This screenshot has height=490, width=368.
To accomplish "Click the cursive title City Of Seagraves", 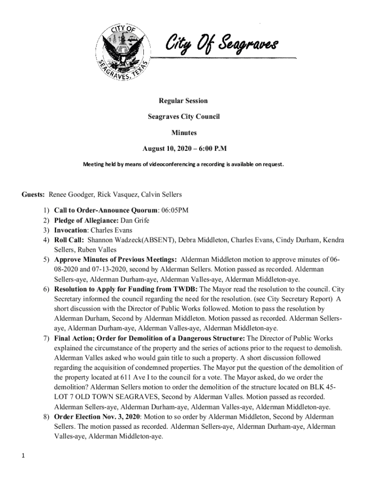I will [x=220, y=45].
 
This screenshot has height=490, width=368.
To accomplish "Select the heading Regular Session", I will [x=184, y=100].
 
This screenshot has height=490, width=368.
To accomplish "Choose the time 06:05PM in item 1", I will [x=174, y=211].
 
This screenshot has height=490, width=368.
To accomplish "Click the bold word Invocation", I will [x=73, y=230].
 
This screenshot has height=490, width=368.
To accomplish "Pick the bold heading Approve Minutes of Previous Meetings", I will [x=115, y=259].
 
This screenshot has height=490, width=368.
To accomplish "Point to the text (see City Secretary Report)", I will [x=292, y=299].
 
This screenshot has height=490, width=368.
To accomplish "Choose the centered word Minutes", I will [x=184, y=133].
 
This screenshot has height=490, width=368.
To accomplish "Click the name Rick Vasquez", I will [x=118, y=194].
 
